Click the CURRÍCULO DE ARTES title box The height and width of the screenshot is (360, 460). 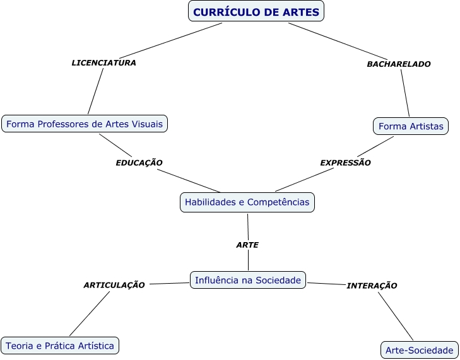(x=256, y=11)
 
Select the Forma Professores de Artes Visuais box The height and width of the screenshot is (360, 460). (x=85, y=124)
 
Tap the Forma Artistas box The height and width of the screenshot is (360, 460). (x=411, y=126)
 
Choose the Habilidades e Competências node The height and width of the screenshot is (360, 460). (x=247, y=202)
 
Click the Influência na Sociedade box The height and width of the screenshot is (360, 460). (x=248, y=280)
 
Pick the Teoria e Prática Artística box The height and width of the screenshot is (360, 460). (x=60, y=345)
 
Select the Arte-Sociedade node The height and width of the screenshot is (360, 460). (x=419, y=350)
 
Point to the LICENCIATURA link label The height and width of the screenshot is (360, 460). (x=104, y=62)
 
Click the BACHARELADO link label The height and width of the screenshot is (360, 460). (x=399, y=64)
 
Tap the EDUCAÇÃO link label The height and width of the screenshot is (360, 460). (x=139, y=163)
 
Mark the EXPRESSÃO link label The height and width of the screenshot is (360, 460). (x=345, y=163)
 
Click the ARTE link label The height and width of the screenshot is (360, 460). (x=247, y=245)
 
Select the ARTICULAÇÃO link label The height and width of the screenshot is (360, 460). (x=114, y=285)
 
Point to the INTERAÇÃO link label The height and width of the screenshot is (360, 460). (x=372, y=286)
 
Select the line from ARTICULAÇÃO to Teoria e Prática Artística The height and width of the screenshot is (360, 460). (x=90, y=313)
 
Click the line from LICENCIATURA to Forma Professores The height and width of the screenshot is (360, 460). (x=96, y=91)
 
